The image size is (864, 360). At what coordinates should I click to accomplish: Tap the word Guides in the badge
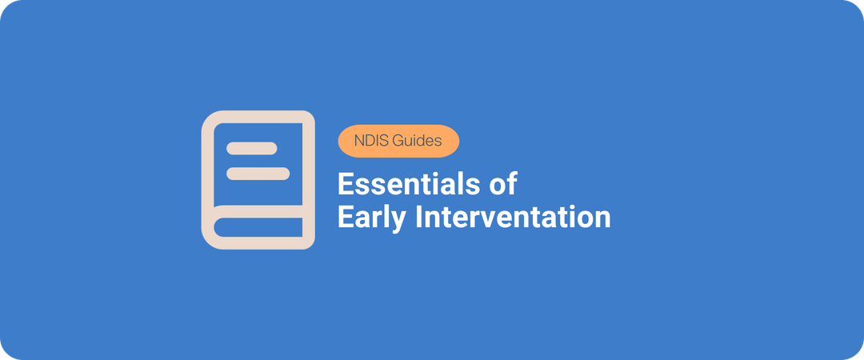pyautogui.click(x=417, y=141)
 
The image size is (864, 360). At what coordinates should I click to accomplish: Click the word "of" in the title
pyautogui.click(x=502, y=185)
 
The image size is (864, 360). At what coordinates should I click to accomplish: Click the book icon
pyautogui.click(x=258, y=179)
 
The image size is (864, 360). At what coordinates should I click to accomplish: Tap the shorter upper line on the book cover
pyautogui.click(x=251, y=148)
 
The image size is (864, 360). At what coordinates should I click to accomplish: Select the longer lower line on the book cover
pyautogui.click(x=258, y=173)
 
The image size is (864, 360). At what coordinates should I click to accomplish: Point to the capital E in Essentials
pyautogui.click(x=345, y=185)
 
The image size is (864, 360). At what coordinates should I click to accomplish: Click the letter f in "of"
pyautogui.click(x=511, y=184)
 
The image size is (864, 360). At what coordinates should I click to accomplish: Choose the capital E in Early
pyautogui.click(x=345, y=217)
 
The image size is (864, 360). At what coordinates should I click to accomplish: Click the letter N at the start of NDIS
pyautogui.click(x=357, y=141)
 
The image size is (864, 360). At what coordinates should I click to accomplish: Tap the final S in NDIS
pyautogui.click(x=383, y=141)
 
